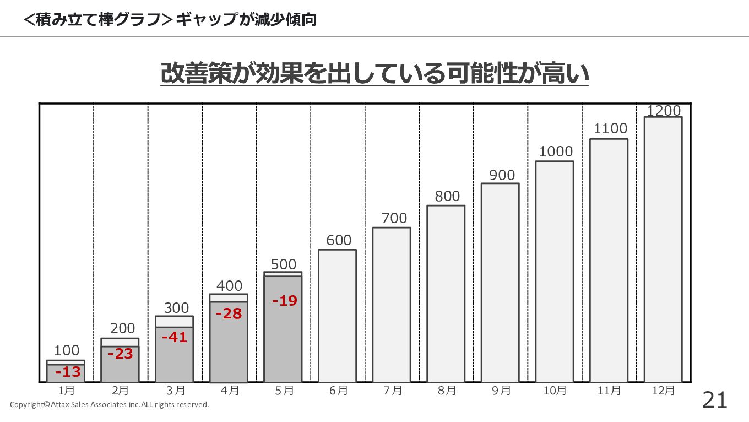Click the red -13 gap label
tap(68, 372)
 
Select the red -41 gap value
tap(175, 337)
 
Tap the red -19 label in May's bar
tap(284, 301)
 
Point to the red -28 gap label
tap(229, 313)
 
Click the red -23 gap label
tap(121, 354)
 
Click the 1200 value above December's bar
tap(664, 111)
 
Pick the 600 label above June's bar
tap(338, 240)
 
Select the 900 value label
tap(502, 175)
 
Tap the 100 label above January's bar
tap(67, 350)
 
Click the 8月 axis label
tap(447, 391)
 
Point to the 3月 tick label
tap(176, 391)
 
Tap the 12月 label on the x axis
tap(663, 391)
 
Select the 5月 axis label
tap(284, 391)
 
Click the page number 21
tap(715, 400)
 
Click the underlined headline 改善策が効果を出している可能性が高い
tap(374, 74)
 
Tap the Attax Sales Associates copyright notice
tap(110, 405)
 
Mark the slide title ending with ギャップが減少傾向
tap(170, 20)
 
